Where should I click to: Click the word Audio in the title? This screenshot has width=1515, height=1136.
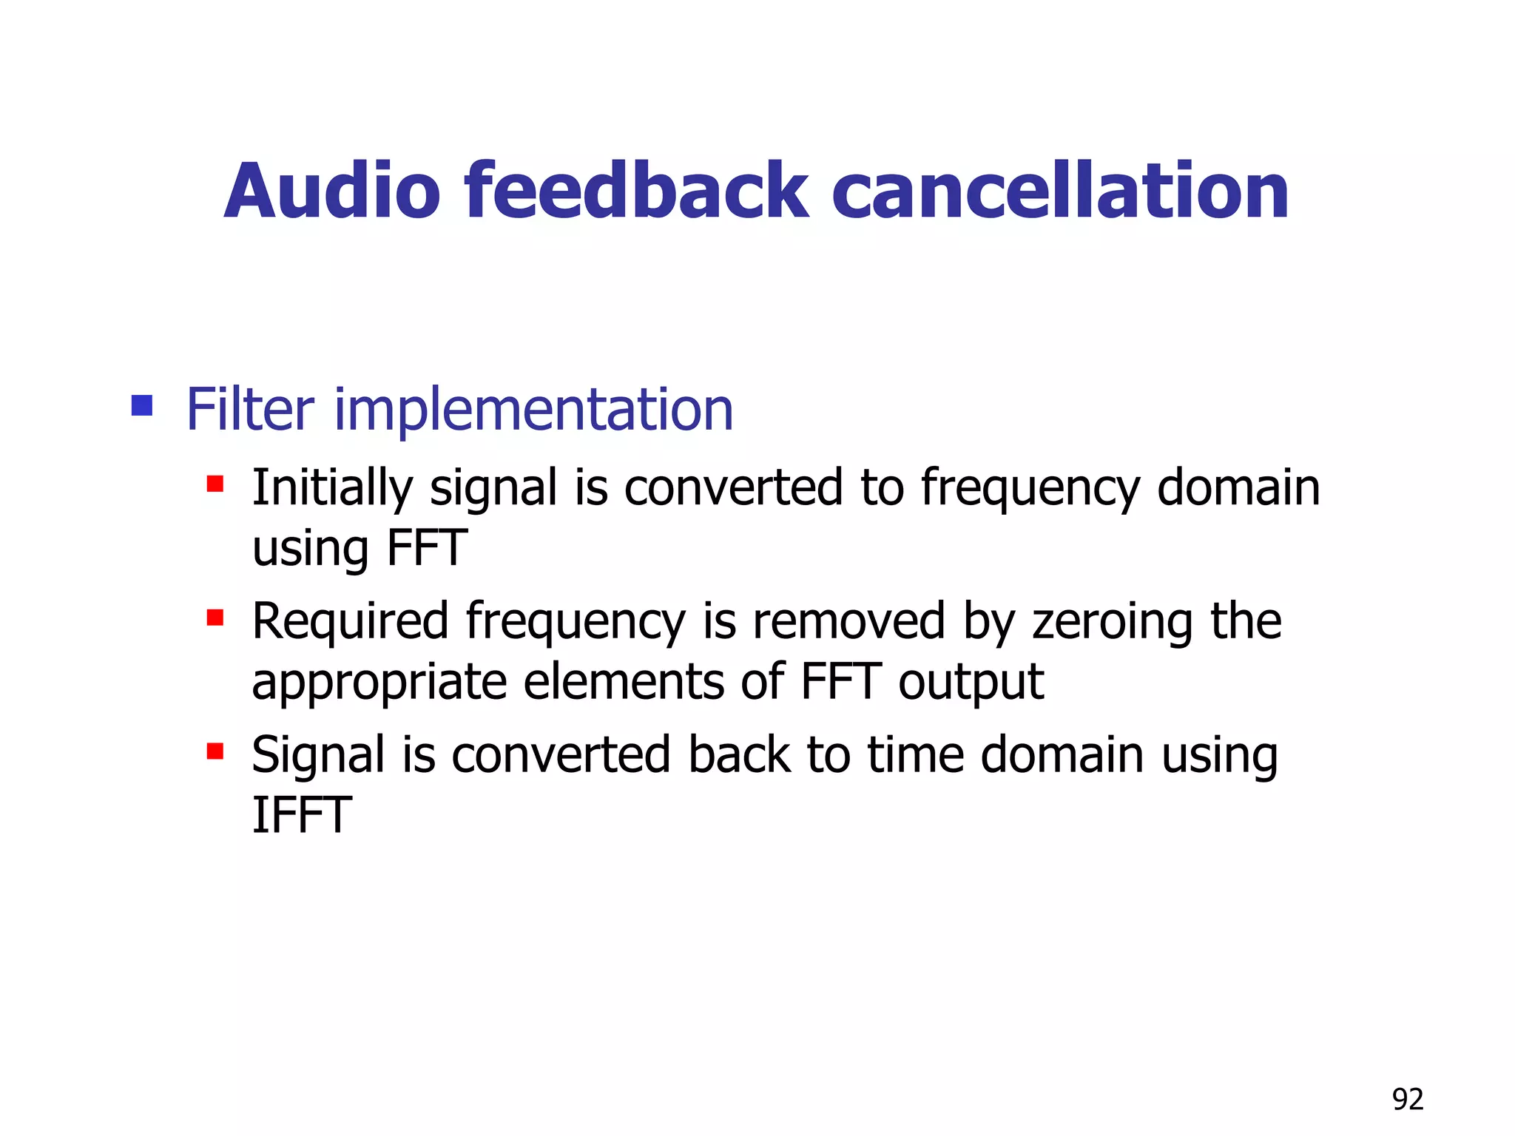[332, 192]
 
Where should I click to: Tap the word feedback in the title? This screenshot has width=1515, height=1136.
[636, 192]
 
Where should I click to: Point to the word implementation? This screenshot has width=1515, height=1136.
[533, 410]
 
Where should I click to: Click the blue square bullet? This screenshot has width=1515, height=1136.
[141, 405]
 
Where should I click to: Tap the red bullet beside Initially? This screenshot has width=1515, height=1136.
[215, 484]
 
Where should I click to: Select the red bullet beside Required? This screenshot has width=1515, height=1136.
[215, 618]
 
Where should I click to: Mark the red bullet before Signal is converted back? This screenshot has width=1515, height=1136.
[215, 751]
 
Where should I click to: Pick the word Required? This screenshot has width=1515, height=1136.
[350, 621]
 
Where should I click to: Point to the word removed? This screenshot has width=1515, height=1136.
[848, 621]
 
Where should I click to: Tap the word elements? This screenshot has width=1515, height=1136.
[624, 682]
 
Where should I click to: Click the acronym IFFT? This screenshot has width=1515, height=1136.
[301, 815]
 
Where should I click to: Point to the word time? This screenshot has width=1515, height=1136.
[916, 755]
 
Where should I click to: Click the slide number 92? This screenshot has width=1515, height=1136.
[1407, 1100]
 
